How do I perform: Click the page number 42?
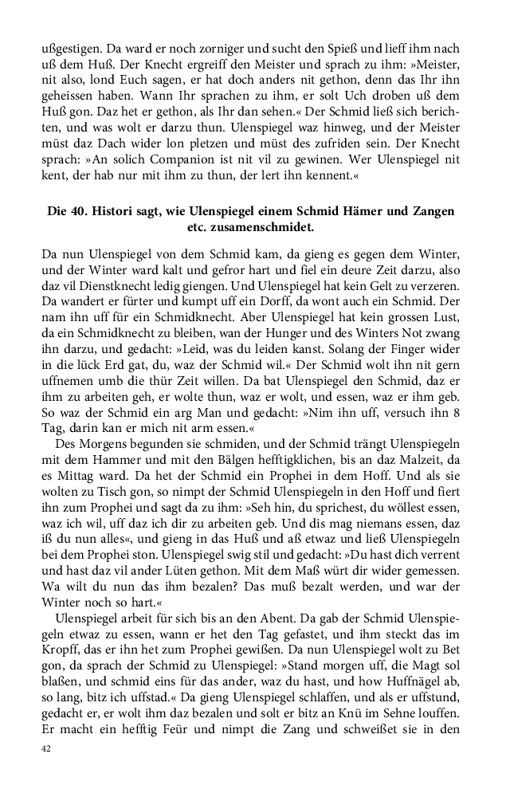pos(45,749)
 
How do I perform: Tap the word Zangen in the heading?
pos(435,211)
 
